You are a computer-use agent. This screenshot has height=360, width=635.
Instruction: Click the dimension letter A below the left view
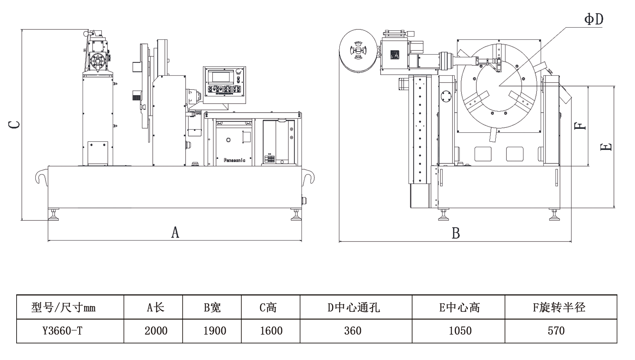[x=175, y=232]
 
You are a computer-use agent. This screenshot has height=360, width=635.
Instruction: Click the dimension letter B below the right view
[x=456, y=233]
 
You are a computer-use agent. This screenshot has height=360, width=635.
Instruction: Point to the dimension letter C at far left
[x=14, y=124]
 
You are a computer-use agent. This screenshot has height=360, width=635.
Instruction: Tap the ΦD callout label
[x=594, y=19]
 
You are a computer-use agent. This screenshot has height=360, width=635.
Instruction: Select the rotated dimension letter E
[x=606, y=147]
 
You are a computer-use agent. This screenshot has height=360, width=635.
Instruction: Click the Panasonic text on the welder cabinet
[x=234, y=160]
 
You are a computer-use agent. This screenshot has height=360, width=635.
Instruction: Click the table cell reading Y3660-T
[x=63, y=331]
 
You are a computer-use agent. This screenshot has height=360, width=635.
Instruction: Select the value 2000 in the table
[x=156, y=331]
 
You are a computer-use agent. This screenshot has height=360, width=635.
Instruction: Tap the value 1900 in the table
[x=215, y=331]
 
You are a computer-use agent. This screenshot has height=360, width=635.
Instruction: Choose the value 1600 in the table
[x=271, y=331]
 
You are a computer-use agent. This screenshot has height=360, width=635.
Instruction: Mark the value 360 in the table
[x=353, y=331]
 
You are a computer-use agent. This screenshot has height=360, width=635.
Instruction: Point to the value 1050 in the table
[x=460, y=331]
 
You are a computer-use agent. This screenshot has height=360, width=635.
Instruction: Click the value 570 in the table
[x=556, y=331]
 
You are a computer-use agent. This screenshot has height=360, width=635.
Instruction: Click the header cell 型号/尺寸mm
[x=63, y=307]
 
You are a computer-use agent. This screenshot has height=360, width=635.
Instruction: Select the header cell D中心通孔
[x=354, y=307]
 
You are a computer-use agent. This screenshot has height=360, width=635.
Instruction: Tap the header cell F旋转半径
[x=559, y=307]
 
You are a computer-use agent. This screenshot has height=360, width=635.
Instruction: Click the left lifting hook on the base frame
[x=41, y=177]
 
